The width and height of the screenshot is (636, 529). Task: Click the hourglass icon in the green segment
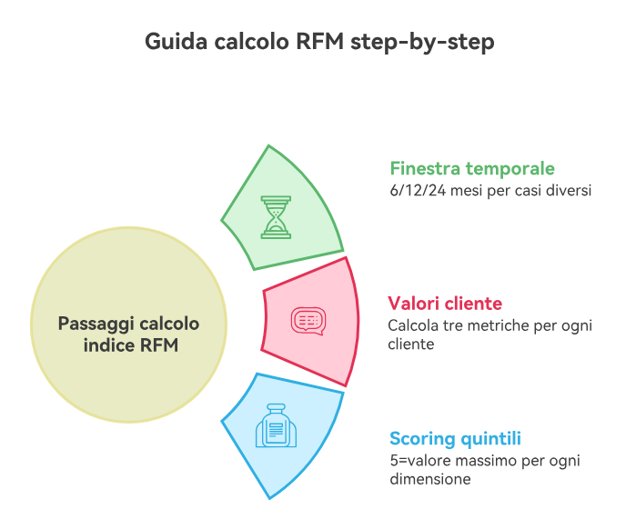coord(277,216)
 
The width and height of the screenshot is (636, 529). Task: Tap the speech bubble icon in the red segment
coord(307,321)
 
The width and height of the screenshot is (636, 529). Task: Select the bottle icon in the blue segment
coord(276,425)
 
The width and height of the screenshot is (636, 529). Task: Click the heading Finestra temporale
coord(471,168)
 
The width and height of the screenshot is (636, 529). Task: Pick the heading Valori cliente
coord(444,303)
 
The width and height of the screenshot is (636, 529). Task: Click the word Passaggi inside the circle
coord(95,324)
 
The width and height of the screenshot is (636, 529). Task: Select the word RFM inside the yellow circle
coord(160,345)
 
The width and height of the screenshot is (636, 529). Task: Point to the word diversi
coord(568,191)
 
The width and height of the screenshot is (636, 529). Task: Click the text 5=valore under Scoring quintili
coord(418,460)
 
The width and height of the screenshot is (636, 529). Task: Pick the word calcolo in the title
coord(247,43)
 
